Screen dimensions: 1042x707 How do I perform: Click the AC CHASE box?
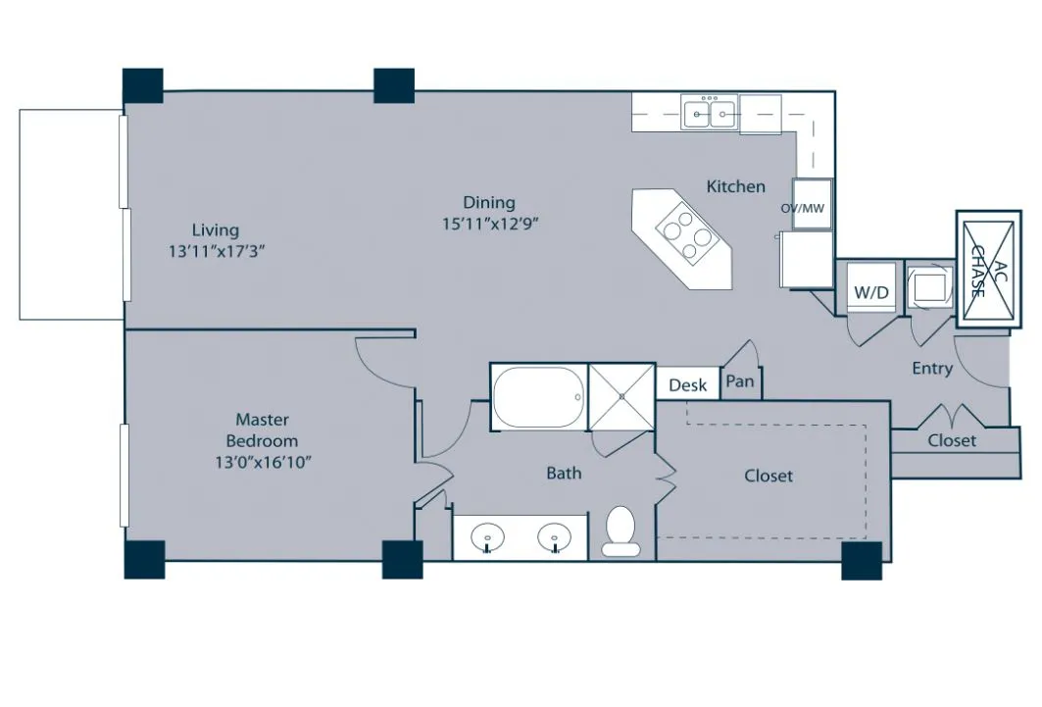click(988, 269)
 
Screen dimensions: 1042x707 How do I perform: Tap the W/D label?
click(870, 291)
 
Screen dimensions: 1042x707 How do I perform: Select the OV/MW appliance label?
click(802, 208)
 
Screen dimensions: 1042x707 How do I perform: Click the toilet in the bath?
click(620, 530)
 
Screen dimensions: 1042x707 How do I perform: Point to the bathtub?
click(539, 398)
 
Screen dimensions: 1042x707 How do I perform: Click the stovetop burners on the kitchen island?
click(683, 234)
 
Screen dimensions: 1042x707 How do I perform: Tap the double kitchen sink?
click(709, 112)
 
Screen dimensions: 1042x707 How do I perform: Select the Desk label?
click(687, 385)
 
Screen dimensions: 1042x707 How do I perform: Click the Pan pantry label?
click(740, 381)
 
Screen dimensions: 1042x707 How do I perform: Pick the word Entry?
click(932, 369)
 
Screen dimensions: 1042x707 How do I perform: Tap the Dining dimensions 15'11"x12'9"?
click(490, 224)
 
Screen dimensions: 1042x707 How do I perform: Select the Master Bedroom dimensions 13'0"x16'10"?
click(263, 462)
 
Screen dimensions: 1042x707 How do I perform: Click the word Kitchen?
click(735, 186)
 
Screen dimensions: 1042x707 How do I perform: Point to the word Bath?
click(564, 473)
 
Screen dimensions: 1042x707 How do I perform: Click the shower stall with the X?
click(622, 397)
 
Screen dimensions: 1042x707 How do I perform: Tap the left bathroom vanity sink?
click(487, 535)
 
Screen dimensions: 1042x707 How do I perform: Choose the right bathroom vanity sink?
click(554, 535)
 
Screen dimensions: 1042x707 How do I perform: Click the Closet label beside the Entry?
click(952, 440)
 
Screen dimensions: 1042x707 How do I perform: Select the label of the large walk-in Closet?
click(769, 476)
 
